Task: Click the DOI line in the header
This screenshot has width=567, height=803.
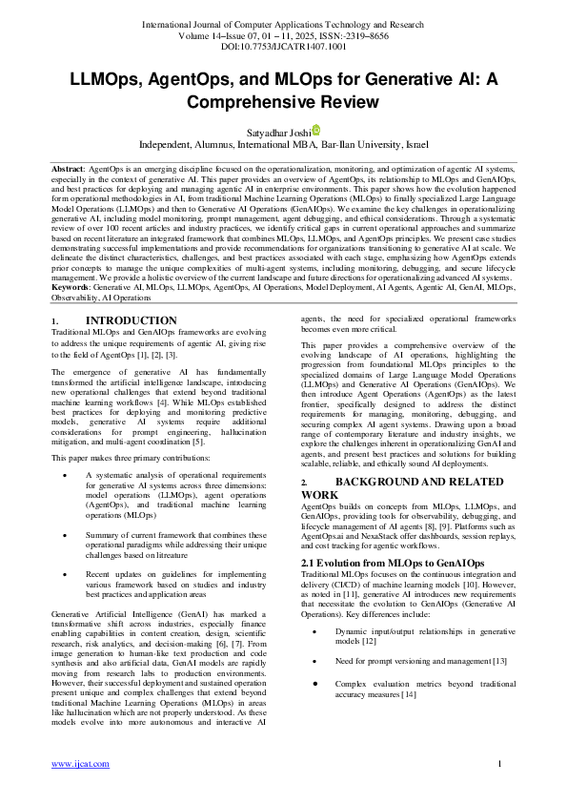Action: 283,45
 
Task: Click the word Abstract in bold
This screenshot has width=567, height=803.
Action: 68,168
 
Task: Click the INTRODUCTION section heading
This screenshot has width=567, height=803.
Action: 131,320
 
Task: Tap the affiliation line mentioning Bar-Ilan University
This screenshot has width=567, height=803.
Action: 283,144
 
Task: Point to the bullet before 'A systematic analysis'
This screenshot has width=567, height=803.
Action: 64,473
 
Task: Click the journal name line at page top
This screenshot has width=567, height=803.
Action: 283,22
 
